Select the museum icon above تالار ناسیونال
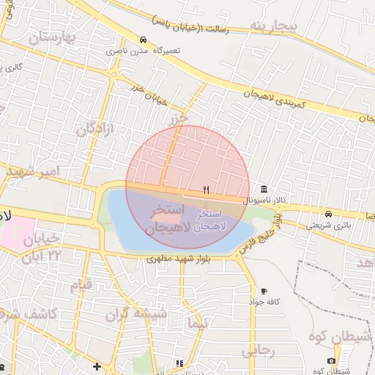(264, 189)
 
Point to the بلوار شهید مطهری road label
(179, 258)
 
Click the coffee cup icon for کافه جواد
(264, 291)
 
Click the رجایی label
(258, 351)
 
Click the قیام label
(80, 284)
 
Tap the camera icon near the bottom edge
(332, 361)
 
